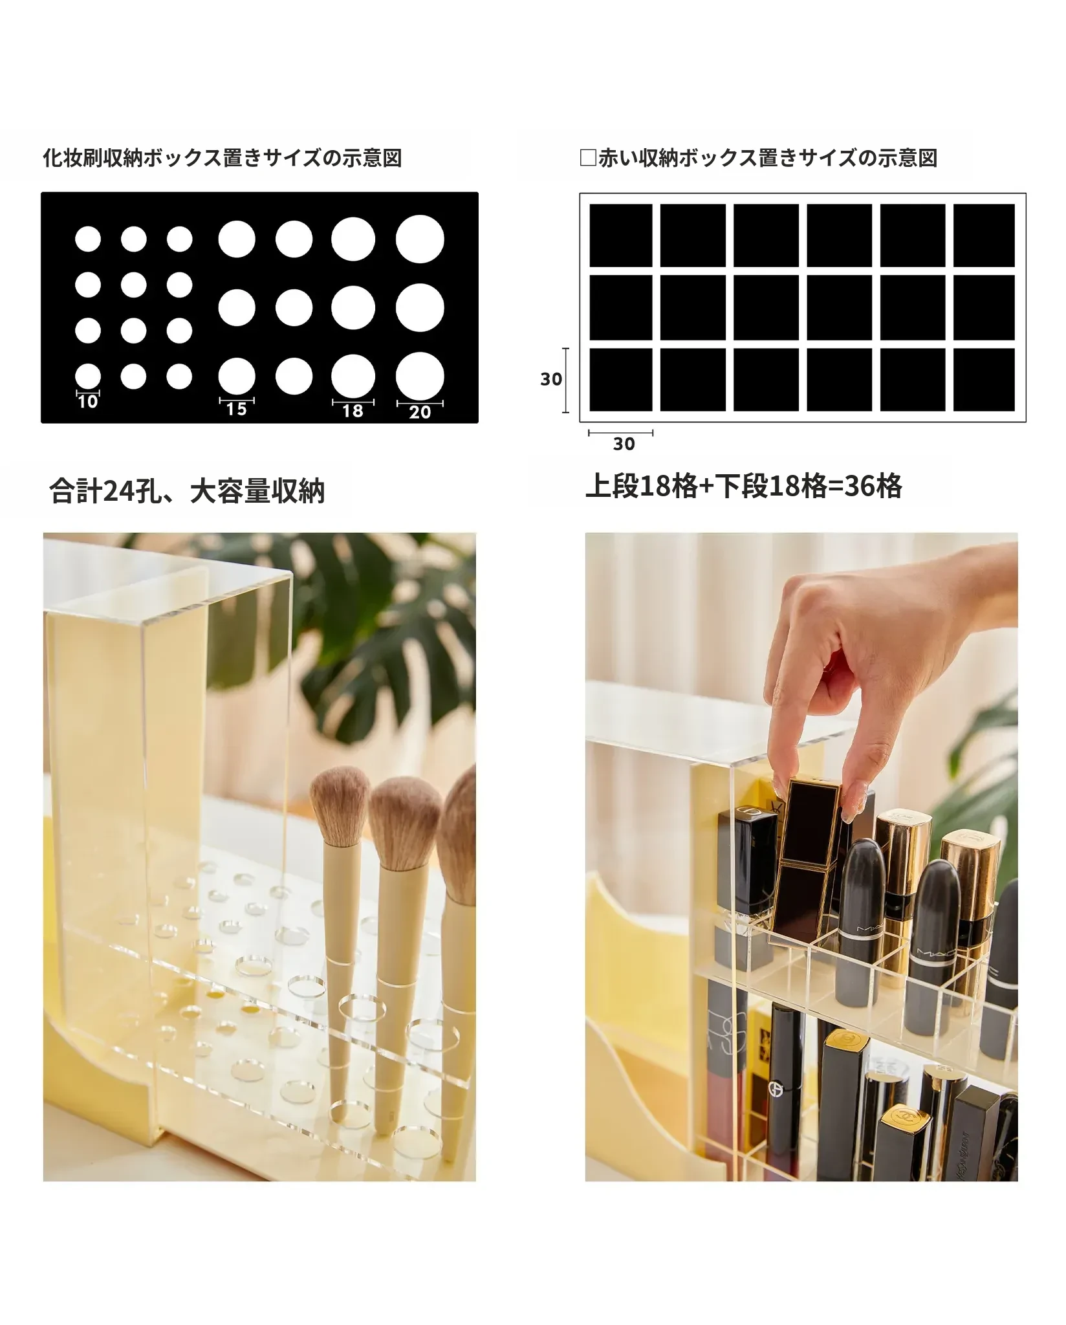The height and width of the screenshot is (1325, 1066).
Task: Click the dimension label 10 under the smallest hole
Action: (87, 402)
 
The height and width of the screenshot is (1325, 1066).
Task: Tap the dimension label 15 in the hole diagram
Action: (236, 409)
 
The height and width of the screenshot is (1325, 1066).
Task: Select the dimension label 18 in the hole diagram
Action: (353, 411)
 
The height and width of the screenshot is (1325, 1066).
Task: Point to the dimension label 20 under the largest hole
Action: (420, 412)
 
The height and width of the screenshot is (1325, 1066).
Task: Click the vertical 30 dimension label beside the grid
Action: (551, 379)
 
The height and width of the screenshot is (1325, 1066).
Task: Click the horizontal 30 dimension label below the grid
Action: (624, 444)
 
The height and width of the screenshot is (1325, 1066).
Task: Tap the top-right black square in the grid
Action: (984, 235)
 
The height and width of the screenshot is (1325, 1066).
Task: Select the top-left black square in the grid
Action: (621, 235)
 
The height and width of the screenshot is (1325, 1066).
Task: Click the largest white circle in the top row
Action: (420, 239)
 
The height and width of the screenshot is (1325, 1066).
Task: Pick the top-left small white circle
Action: (88, 239)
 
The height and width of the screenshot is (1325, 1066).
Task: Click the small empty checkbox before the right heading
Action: (588, 158)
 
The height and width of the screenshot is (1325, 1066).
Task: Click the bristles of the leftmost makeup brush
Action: (340, 807)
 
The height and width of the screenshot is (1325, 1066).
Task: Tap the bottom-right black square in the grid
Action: (984, 380)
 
